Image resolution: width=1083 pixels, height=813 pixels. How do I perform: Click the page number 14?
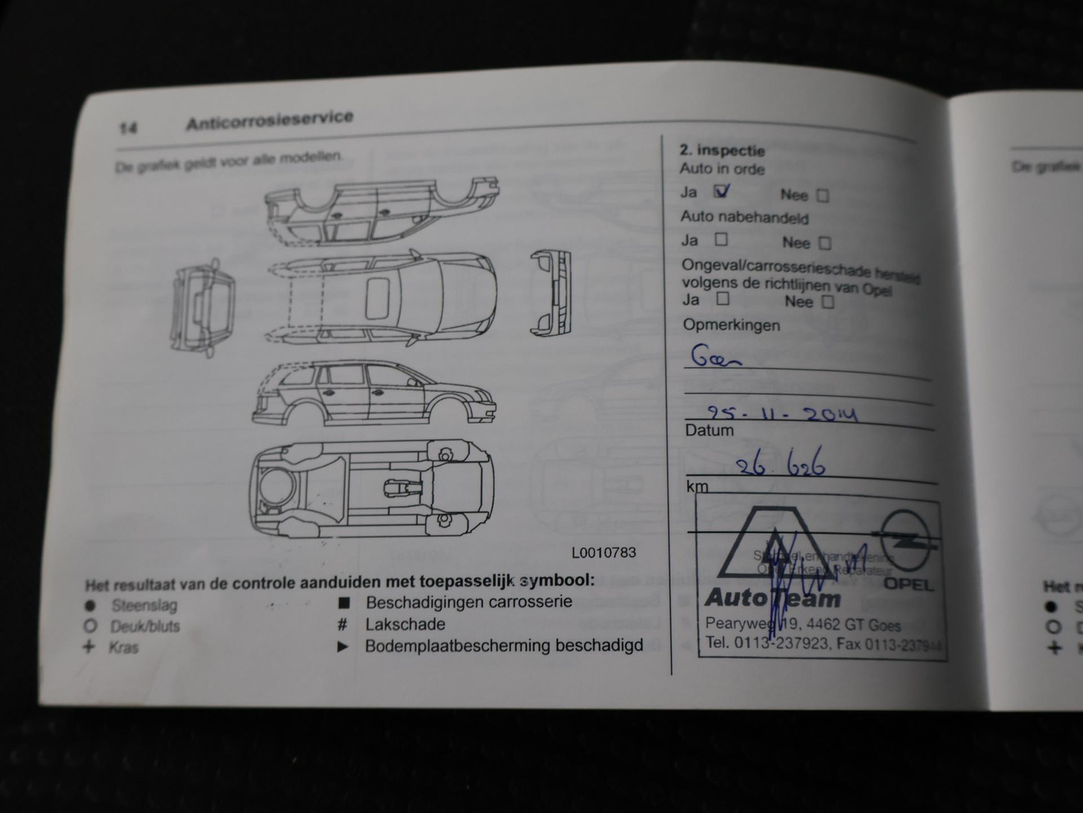(x=128, y=128)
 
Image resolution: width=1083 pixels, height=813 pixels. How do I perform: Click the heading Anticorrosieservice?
(x=269, y=120)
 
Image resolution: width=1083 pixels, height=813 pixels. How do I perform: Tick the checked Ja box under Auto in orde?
(x=721, y=191)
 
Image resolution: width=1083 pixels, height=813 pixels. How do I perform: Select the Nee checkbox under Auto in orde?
(x=823, y=196)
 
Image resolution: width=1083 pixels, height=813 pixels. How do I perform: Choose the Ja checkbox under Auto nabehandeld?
(x=720, y=240)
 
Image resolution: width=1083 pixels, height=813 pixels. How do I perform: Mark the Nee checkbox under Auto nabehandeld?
(x=825, y=243)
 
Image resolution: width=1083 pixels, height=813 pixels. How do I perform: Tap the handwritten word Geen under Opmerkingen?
(x=715, y=358)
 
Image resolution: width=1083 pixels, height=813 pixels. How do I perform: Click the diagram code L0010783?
(x=603, y=553)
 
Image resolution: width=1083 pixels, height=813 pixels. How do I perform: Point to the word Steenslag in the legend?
(x=144, y=605)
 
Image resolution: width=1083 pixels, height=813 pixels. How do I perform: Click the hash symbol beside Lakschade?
(x=342, y=625)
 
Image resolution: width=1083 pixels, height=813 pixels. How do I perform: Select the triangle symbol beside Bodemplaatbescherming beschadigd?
(x=343, y=647)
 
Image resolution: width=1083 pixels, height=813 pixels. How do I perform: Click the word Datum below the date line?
(x=708, y=431)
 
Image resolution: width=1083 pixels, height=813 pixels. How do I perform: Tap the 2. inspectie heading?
(x=722, y=151)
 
